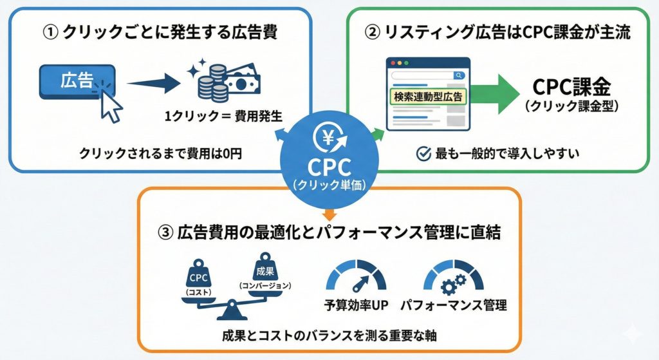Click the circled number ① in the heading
49,32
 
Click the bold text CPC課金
571,88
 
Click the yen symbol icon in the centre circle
329,137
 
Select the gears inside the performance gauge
453,283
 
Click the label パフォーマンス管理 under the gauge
453,305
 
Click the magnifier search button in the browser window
459,75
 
